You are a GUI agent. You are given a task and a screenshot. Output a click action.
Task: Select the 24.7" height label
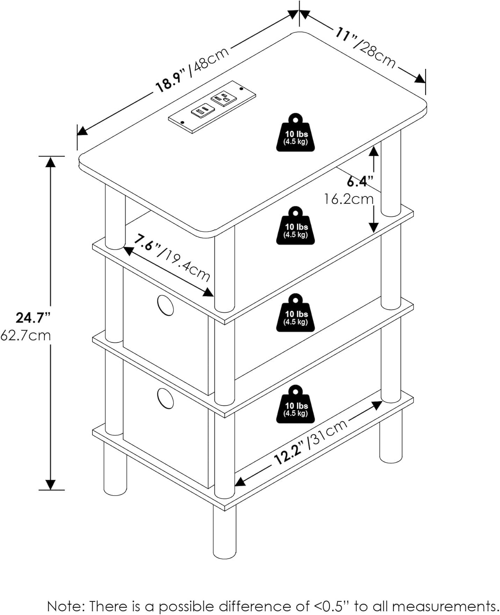click(x=33, y=318)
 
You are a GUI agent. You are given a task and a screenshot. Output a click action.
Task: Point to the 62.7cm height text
click(x=25, y=335)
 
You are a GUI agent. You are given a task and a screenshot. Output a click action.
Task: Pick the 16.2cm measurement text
click(x=349, y=199)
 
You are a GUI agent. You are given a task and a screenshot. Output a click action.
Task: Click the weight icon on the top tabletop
click(x=295, y=132)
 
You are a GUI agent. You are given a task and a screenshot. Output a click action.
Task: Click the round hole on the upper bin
click(x=165, y=305)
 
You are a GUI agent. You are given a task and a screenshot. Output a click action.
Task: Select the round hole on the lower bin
click(x=165, y=399)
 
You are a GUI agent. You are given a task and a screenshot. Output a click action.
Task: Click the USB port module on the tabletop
click(x=203, y=110)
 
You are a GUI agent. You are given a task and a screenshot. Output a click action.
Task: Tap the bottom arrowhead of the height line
click(x=50, y=485)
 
